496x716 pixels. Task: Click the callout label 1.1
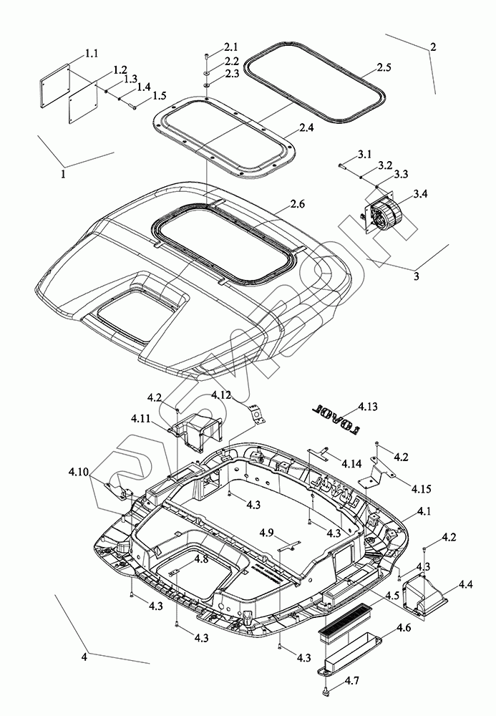[x=92, y=54]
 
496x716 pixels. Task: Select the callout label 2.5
[x=384, y=67]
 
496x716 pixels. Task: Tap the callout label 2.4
[x=306, y=128]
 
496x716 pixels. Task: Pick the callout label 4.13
[x=368, y=407]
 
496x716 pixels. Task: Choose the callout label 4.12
[x=220, y=395]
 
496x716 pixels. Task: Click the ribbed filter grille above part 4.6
[x=344, y=616]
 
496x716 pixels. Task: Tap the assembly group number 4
[x=85, y=656]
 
